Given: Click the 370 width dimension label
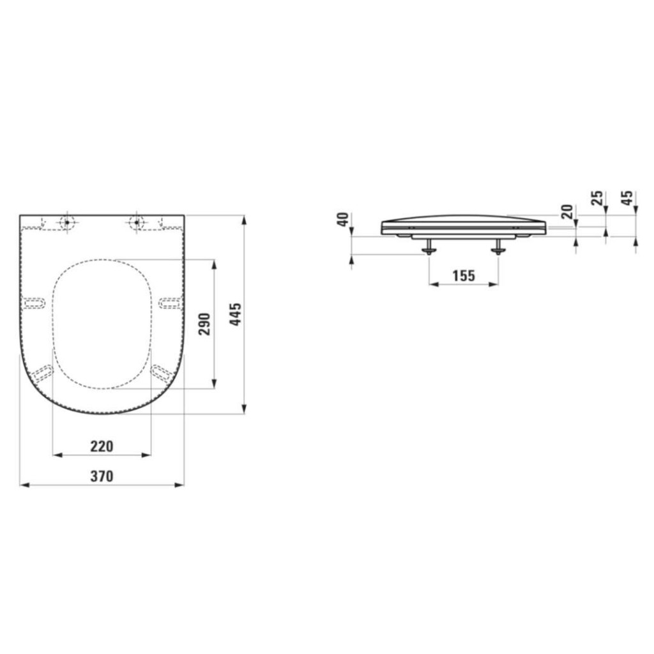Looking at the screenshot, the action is point(102,476).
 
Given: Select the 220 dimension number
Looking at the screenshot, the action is point(102,446).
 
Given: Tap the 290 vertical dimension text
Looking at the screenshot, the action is point(205,324).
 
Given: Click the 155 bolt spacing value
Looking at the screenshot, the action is point(464,276).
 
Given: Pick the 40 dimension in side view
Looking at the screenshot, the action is point(343,220).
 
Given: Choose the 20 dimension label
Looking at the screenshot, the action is point(567,212).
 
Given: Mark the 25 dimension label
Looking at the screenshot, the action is point(598,198).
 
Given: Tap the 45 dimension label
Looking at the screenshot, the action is point(627,198).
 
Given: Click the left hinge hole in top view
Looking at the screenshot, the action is point(66,222).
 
